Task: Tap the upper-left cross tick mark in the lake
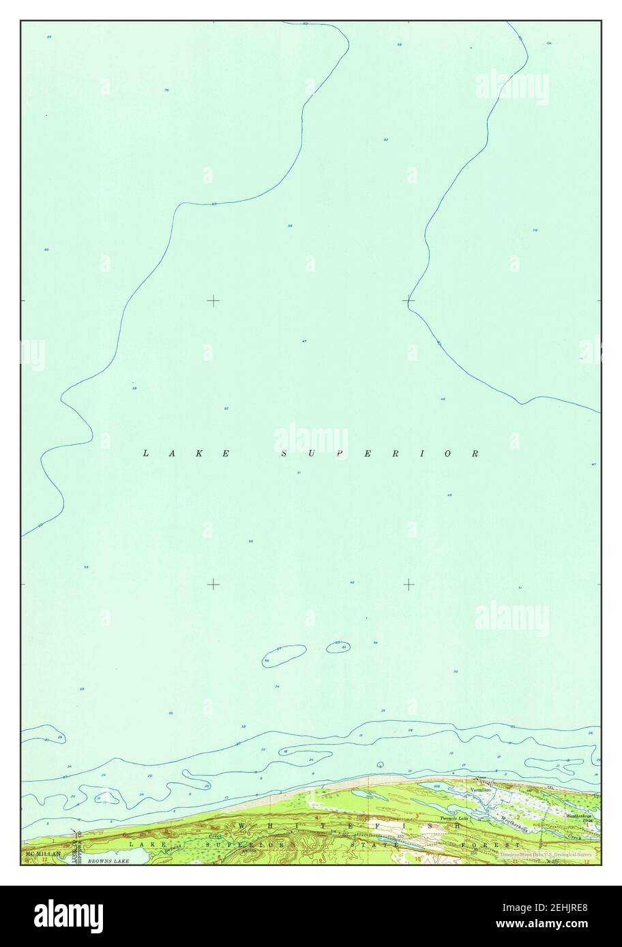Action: coord(213,300)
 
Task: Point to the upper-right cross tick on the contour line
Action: coord(409,300)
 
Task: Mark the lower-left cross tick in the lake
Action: coord(213,584)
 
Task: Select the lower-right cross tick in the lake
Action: coord(409,584)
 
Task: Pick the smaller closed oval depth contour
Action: coord(339,646)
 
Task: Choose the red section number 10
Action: coord(417,860)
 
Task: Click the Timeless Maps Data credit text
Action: coord(546,853)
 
